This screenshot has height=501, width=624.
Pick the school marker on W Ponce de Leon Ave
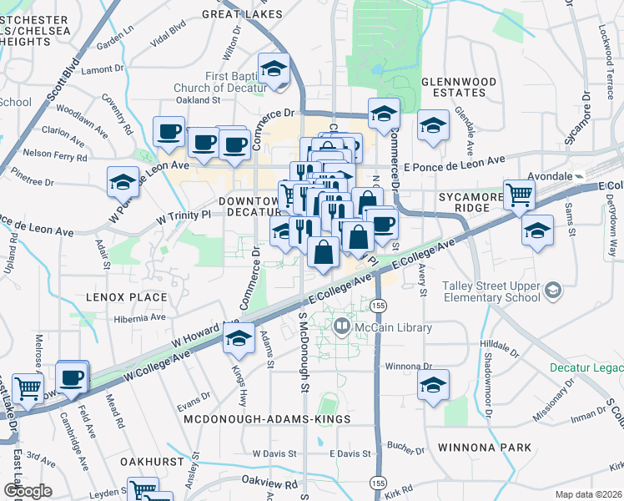[123, 181]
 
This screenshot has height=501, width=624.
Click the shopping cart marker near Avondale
[519, 195]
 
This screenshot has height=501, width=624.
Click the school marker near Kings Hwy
[239, 339]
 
